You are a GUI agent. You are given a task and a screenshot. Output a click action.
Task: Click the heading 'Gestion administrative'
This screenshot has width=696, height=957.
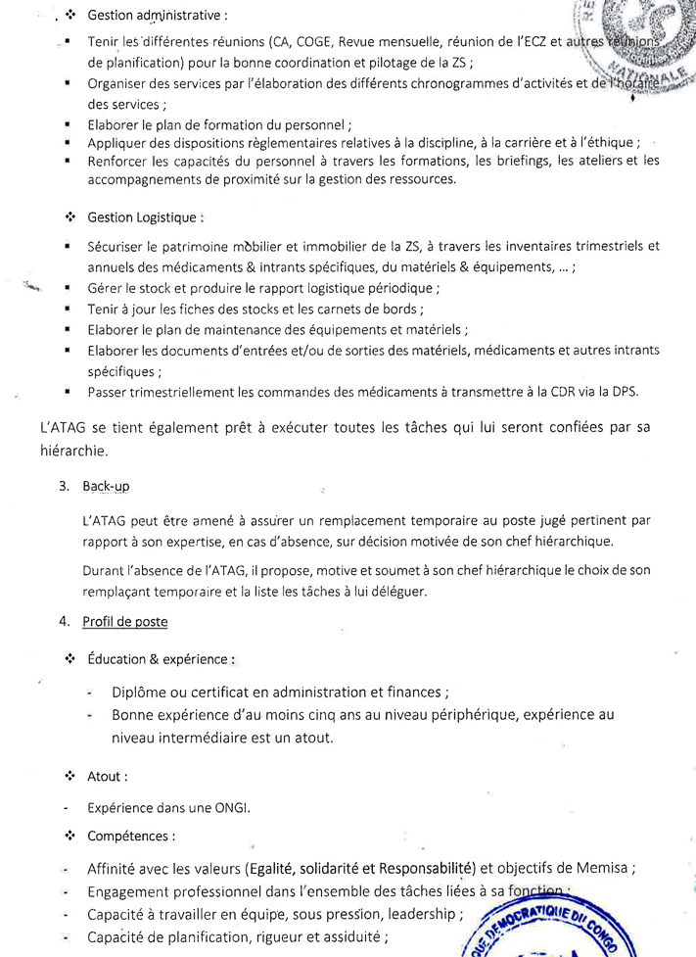pos(158,17)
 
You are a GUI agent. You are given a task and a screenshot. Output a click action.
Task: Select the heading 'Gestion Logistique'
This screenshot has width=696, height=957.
pos(146,216)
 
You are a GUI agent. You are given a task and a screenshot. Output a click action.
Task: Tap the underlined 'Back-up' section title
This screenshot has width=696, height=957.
pos(106,486)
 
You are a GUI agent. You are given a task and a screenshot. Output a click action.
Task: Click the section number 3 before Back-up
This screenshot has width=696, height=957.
pos(63,486)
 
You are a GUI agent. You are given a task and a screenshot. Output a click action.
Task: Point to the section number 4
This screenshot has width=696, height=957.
pos(63,621)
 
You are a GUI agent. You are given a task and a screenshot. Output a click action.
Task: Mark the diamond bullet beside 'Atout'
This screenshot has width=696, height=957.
pos(70,777)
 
